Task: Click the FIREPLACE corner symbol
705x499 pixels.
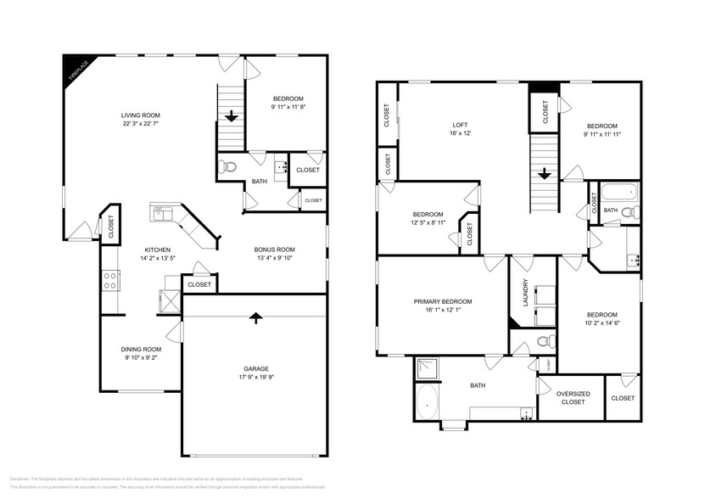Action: (75, 70)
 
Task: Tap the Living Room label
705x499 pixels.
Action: (140, 115)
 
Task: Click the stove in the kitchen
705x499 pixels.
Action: (110, 281)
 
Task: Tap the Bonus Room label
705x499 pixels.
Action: (275, 249)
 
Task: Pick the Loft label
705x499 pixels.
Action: (459, 124)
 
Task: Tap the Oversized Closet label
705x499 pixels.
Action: (573, 399)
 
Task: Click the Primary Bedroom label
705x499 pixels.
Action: (442, 301)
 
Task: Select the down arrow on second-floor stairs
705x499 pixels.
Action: (544, 174)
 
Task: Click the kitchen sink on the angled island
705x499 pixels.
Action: (160, 211)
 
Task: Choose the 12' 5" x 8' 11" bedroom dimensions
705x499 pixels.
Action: (428, 222)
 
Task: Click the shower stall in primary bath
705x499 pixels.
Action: (428, 368)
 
